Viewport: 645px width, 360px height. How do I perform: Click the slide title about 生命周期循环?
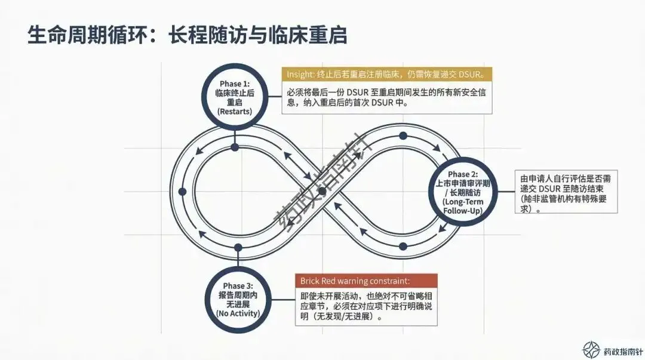187,34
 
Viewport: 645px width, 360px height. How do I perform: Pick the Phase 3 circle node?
238,299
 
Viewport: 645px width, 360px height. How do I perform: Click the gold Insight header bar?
387,74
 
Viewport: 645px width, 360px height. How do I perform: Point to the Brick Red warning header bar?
366,281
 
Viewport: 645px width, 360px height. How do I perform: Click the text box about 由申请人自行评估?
566,192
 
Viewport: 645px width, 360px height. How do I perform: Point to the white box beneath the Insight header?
387,97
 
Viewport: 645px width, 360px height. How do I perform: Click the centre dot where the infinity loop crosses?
322,192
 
